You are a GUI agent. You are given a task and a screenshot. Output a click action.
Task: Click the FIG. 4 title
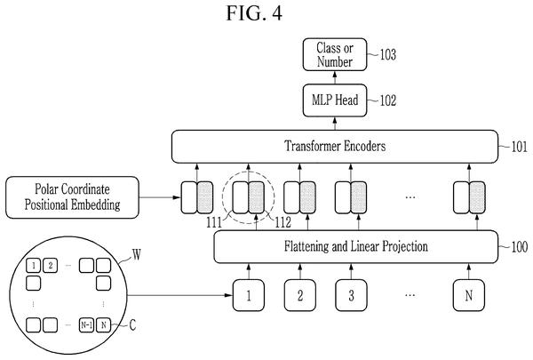pos(254,13)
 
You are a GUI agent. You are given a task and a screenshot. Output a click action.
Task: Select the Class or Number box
pos(335,54)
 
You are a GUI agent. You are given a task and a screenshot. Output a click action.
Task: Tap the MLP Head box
pos(335,100)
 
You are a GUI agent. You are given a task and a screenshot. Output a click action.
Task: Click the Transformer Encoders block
pos(335,147)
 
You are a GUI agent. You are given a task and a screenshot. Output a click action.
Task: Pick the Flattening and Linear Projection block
pos(356,247)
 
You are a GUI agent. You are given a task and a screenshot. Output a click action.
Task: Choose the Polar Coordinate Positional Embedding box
pos(73,197)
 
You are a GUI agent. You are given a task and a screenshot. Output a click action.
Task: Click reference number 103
pos(388,54)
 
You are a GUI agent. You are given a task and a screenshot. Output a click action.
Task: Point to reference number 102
pos(388,100)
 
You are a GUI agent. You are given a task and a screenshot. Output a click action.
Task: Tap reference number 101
pos(520,147)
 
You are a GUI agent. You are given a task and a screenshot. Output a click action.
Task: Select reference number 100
pos(520,247)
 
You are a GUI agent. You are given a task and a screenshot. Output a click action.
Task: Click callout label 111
pos(214,223)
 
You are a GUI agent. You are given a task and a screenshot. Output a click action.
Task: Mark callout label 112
pos(282,223)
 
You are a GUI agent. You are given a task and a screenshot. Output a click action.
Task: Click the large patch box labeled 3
pos(351,295)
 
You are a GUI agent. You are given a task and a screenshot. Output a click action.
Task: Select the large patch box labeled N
pos(469,295)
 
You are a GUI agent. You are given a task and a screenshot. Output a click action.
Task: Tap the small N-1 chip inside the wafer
pos(86,325)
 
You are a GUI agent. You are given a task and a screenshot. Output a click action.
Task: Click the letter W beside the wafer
pos(137,254)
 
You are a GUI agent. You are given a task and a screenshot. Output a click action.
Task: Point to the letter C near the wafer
pos(132,325)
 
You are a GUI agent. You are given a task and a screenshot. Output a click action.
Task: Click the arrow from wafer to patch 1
pos(179,295)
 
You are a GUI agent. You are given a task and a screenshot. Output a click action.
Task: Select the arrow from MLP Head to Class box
pos(335,77)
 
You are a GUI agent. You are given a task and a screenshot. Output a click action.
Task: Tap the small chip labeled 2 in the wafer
pos(51,266)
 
